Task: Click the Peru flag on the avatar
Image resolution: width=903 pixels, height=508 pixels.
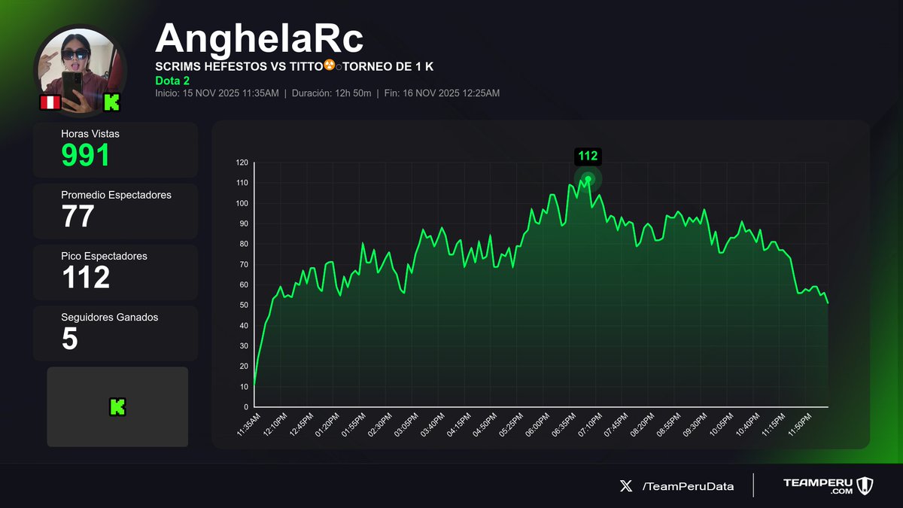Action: (x=50, y=102)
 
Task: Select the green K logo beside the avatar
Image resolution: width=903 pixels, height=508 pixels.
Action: (x=112, y=102)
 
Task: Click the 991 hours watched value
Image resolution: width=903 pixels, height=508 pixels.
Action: (x=86, y=155)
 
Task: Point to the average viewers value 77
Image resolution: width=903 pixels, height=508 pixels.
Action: (x=78, y=216)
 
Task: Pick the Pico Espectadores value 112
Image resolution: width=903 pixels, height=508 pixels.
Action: (x=86, y=277)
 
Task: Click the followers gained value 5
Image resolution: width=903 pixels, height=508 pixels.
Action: (x=69, y=338)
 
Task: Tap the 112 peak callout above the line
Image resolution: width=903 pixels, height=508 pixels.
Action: (x=588, y=156)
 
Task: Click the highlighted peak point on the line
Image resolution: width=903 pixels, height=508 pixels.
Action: (x=588, y=178)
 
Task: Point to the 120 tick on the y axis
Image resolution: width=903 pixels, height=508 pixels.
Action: (x=242, y=163)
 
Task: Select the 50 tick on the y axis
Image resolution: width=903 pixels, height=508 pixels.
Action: (x=243, y=305)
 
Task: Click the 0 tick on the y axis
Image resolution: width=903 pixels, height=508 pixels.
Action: (x=245, y=406)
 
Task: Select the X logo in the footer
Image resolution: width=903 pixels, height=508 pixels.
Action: (x=626, y=486)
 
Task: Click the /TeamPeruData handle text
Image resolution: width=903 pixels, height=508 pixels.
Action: (x=688, y=486)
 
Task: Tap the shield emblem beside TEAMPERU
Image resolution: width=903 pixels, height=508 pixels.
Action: (x=863, y=485)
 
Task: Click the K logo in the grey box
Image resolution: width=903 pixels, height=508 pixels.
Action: (x=117, y=407)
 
